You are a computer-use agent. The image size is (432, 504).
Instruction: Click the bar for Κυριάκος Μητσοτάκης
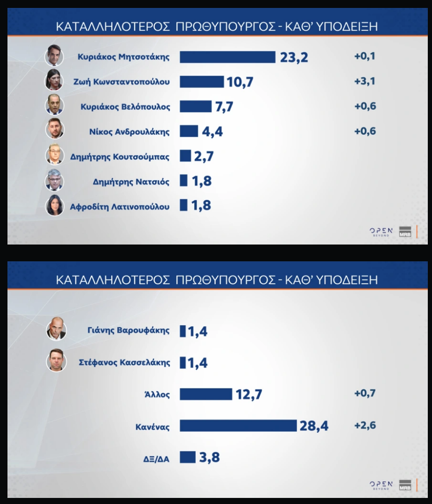(x=227, y=57)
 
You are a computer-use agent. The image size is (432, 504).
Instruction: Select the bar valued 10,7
(x=202, y=82)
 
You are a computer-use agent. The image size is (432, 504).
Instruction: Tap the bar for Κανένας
(x=238, y=425)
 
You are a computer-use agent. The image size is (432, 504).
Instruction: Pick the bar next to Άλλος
(x=206, y=394)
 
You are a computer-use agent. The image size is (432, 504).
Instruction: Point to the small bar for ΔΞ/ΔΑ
(x=188, y=457)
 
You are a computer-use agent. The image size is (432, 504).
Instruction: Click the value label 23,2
(x=294, y=58)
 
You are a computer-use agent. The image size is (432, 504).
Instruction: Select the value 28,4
(x=314, y=426)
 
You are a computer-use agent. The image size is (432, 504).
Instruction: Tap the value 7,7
(x=224, y=107)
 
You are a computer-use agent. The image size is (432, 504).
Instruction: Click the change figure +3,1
(x=365, y=81)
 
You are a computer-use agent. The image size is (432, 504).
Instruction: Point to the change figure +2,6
(x=365, y=425)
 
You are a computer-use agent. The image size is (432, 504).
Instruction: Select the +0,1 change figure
(x=365, y=56)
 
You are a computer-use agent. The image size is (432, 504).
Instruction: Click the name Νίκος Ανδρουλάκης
(x=129, y=132)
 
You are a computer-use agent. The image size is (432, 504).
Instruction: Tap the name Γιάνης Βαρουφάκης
(x=128, y=331)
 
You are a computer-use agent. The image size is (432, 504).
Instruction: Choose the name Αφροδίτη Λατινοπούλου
(x=120, y=207)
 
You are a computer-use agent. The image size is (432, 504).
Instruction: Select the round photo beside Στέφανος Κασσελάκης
(x=56, y=360)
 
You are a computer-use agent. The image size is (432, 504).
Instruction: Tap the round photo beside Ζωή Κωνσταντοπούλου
(x=54, y=79)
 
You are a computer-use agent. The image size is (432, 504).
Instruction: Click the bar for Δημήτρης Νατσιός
(x=184, y=180)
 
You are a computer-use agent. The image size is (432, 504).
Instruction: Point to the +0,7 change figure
(x=365, y=393)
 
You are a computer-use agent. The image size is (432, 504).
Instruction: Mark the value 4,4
(x=212, y=132)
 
